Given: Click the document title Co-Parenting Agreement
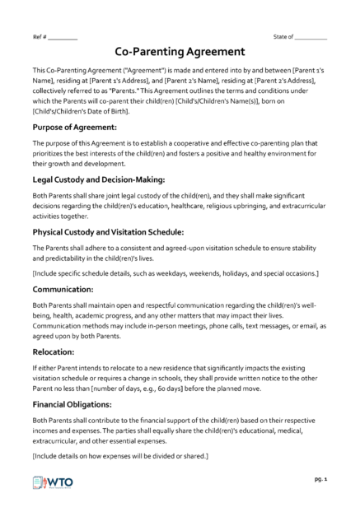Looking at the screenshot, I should pyautogui.click(x=180, y=51).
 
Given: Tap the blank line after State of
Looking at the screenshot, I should pyautogui.click(x=311, y=37).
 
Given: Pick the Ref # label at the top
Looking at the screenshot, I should pyautogui.click(x=40, y=37).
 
